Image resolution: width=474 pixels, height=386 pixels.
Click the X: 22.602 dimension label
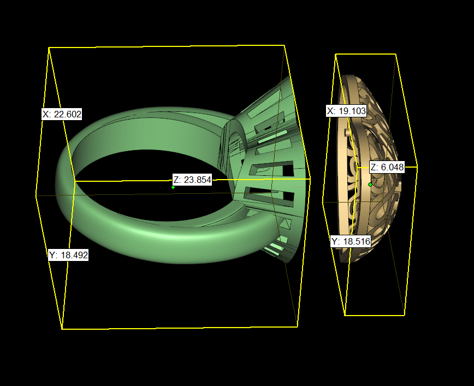tap(62, 114)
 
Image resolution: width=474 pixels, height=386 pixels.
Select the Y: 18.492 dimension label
tap(68, 255)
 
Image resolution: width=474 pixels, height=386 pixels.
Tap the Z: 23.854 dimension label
tap(192, 180)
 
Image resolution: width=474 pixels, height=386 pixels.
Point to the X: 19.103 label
tap(346, 111)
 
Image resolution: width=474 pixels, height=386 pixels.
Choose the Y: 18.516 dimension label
tap(351, 241)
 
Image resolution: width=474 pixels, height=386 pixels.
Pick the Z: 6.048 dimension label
tap(387, 167)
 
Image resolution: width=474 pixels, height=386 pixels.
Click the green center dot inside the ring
tap(173, 187)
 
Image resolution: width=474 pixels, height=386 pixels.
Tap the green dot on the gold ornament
tap(370, 185)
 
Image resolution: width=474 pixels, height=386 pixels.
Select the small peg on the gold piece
tap(348, 132)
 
